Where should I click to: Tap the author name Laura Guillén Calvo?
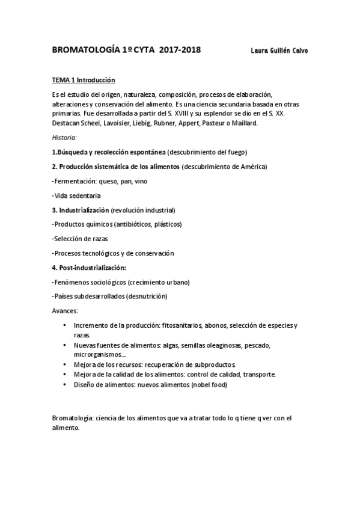pyautogui.click(x=278, y=51)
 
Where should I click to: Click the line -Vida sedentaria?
pyautogui.click(x=76, y=195)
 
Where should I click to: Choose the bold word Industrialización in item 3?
pyautogui.click(x=84, y=210)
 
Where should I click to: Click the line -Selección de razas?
pyautogui.click(x=81, y=239)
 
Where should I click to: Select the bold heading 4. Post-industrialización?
pyautogui.click(x=93, y=268)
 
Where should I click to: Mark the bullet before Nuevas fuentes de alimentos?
pyautogui.click(x=65, y=345)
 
